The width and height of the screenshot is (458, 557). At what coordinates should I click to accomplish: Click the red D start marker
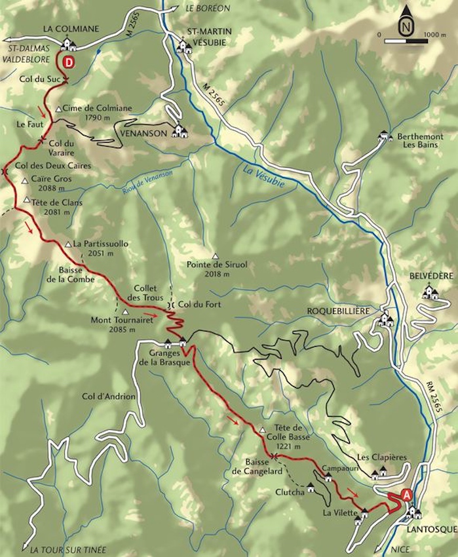click(69, 62)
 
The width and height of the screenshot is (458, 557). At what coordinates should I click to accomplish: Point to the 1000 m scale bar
click(406, 41)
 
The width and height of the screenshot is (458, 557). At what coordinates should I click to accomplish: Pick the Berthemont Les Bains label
click(420, 140)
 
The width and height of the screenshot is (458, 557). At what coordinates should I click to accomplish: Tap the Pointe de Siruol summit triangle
click(215, 256)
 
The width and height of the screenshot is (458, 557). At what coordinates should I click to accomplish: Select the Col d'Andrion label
click(109, 396)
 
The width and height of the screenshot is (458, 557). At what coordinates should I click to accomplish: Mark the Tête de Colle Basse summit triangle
click(262, 431)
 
